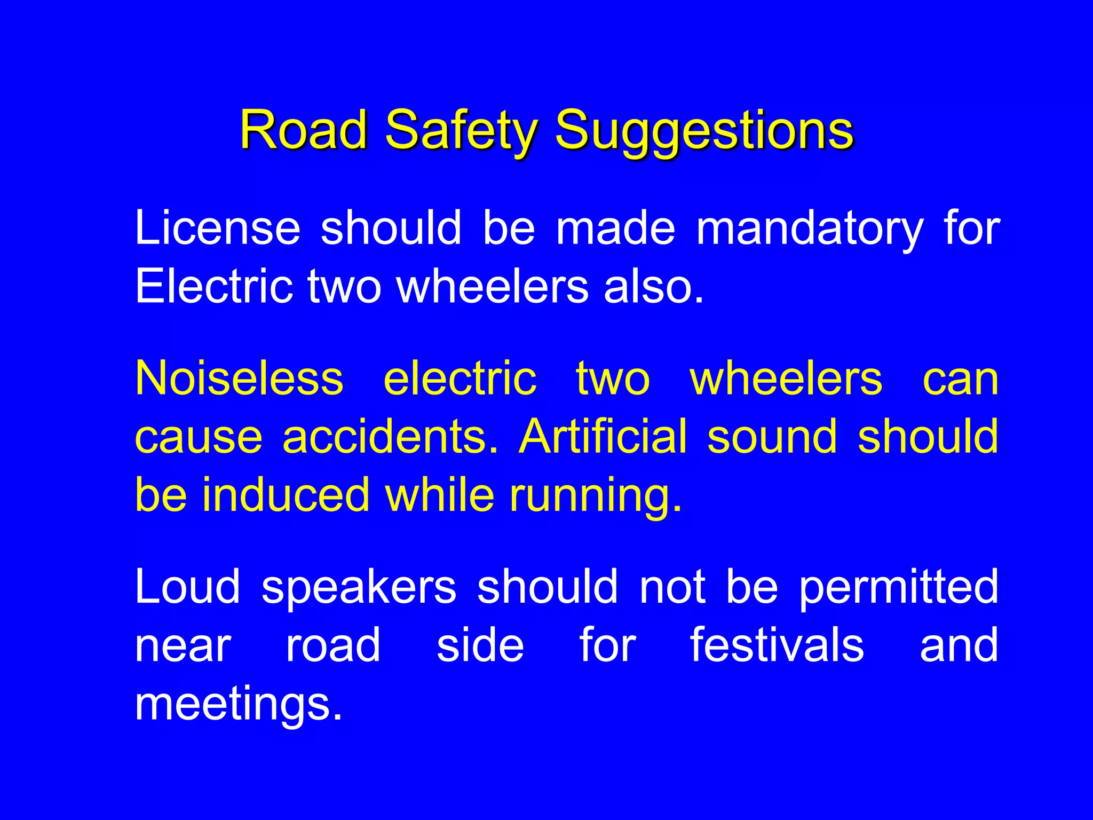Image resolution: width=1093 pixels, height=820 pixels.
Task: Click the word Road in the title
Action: coord(304,130)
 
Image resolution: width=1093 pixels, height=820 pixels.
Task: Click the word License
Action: coord(218,228)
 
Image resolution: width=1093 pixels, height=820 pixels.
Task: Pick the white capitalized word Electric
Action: coord(214,286)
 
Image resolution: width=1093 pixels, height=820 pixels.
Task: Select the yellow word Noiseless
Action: coord(239,379)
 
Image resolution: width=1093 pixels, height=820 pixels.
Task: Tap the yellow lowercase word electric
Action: coord(460,379)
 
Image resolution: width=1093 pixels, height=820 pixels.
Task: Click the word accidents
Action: coord(390,437)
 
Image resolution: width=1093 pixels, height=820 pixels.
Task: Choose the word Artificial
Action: coord(603,437)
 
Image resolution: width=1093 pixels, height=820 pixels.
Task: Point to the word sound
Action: coord(772,437)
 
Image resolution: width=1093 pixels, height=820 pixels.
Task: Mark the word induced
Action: coord(286,495)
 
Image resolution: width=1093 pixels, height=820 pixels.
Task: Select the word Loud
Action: coord(188,587)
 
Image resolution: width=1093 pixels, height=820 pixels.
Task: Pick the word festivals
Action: coord(777,645)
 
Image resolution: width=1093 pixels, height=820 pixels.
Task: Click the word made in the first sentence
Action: coord(615,228)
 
